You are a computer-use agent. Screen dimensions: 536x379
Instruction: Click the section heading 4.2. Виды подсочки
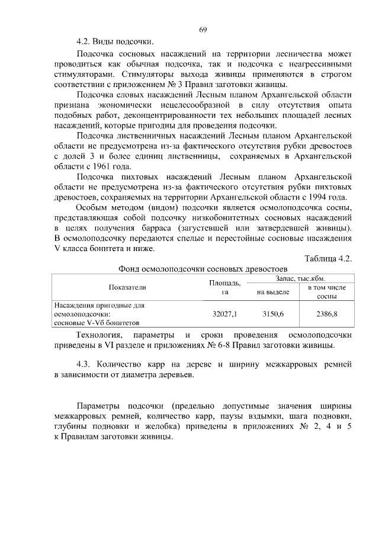click(x=114, y=42)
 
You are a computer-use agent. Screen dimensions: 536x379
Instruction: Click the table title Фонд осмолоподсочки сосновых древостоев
click(x=203, y=268)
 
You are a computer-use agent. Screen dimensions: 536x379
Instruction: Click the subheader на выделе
click(x=273, y=292)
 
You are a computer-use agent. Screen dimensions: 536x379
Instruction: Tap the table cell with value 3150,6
click(x=273, y=313)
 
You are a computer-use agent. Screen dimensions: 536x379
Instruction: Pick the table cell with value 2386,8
click(x=326, y=313)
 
